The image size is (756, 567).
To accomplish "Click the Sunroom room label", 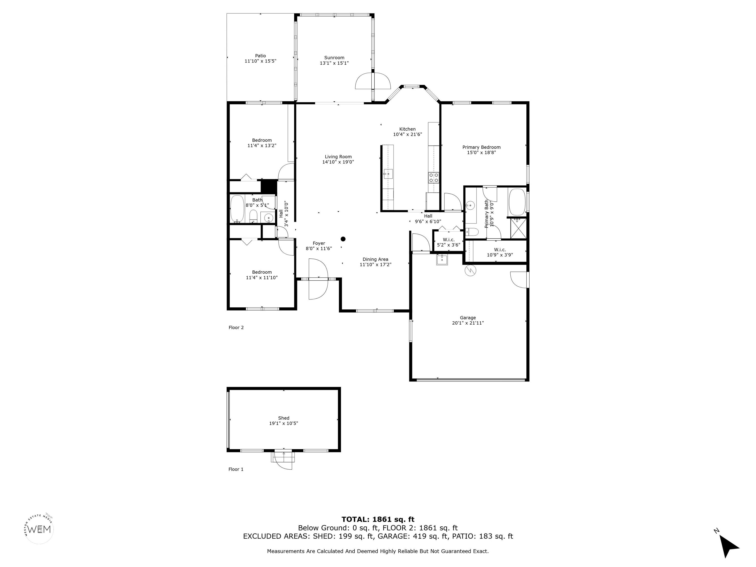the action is point(334,58).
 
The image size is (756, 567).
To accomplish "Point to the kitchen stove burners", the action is point(434,177).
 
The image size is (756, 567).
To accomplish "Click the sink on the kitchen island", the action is point(388,174).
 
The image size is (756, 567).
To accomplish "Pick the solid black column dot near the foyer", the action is point(343,239).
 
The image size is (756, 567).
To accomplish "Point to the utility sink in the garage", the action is point(442,259).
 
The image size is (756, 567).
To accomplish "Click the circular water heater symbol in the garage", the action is point(470,271).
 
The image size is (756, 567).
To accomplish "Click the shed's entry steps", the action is point(283,457).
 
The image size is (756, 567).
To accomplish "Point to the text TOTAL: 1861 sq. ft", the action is point(378,520).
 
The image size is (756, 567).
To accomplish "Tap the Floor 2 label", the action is point(236,327).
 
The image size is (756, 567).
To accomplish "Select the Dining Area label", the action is point(375,259).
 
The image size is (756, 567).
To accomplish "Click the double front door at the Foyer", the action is point(318,279).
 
